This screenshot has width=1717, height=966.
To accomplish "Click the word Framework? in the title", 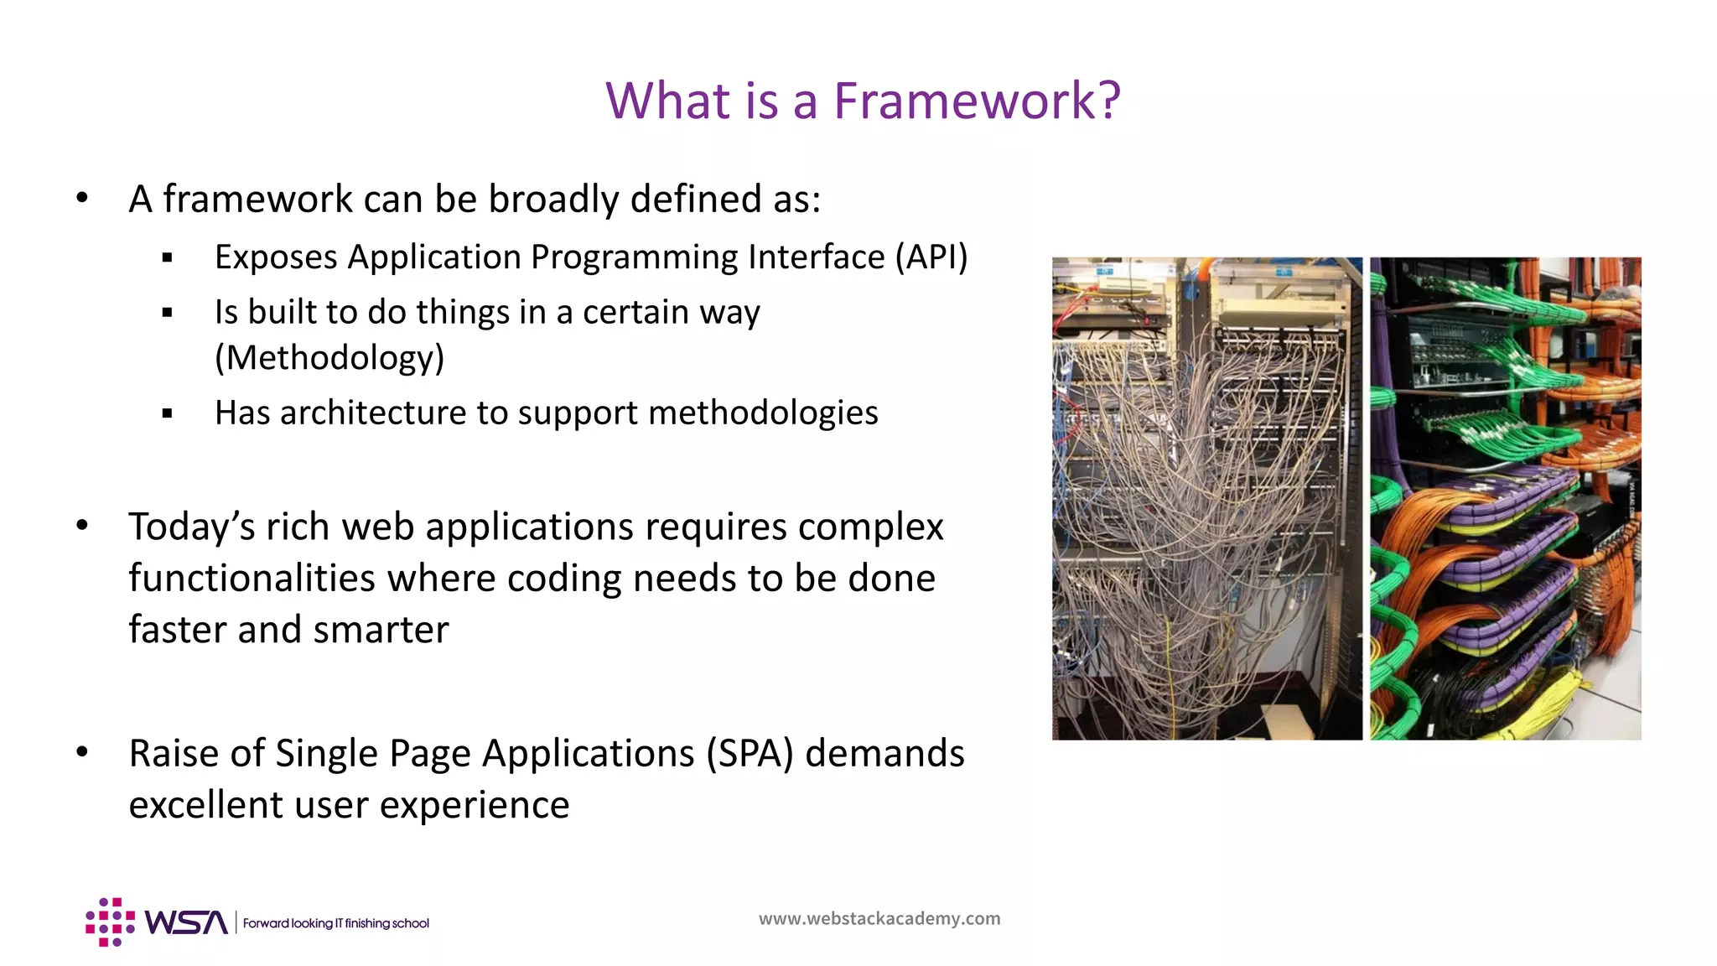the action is coord(977,101).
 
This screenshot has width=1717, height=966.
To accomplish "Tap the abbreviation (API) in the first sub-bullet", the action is coord(931,257).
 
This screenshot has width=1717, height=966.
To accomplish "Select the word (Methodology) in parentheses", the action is coord(329,358).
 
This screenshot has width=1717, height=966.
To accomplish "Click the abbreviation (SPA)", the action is coord(750,753).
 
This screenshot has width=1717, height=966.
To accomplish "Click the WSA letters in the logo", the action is coord(186,922).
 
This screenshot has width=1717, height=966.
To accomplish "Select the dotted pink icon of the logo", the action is coord(110,922).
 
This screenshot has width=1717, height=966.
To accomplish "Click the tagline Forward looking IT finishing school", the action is coord(335,923).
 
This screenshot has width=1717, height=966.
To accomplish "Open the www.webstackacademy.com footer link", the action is coord(879,918).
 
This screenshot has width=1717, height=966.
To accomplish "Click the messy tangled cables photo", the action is coord(1206,498).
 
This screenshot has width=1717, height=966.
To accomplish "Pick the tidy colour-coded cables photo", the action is coord(1505,498).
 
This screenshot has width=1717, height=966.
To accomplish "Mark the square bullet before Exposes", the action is coord(168,258).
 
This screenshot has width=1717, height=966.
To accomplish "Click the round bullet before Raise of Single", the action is coord(82,752).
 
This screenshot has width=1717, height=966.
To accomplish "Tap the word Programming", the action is coord(634,257).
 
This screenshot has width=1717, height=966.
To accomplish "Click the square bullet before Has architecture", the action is coord(168,413).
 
